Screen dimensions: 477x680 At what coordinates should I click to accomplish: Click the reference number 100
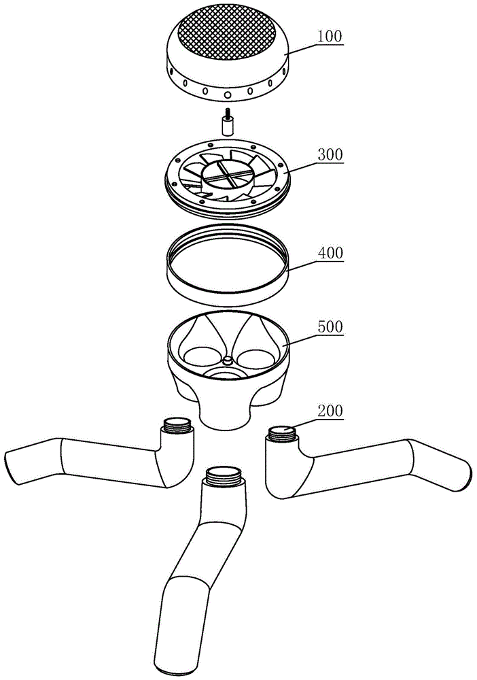330,37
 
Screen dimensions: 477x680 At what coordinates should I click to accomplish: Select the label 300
330,154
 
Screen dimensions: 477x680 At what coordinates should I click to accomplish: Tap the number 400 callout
330,252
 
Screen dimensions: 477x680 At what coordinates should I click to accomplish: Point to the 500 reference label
330,326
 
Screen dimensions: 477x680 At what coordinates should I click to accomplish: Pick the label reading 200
330,410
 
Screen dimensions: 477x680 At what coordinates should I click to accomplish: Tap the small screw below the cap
226,123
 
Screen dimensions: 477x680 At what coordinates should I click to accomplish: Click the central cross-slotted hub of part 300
226,175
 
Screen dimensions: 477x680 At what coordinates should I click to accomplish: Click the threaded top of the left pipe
177,425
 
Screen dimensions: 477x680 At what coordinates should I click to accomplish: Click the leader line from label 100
302,48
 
